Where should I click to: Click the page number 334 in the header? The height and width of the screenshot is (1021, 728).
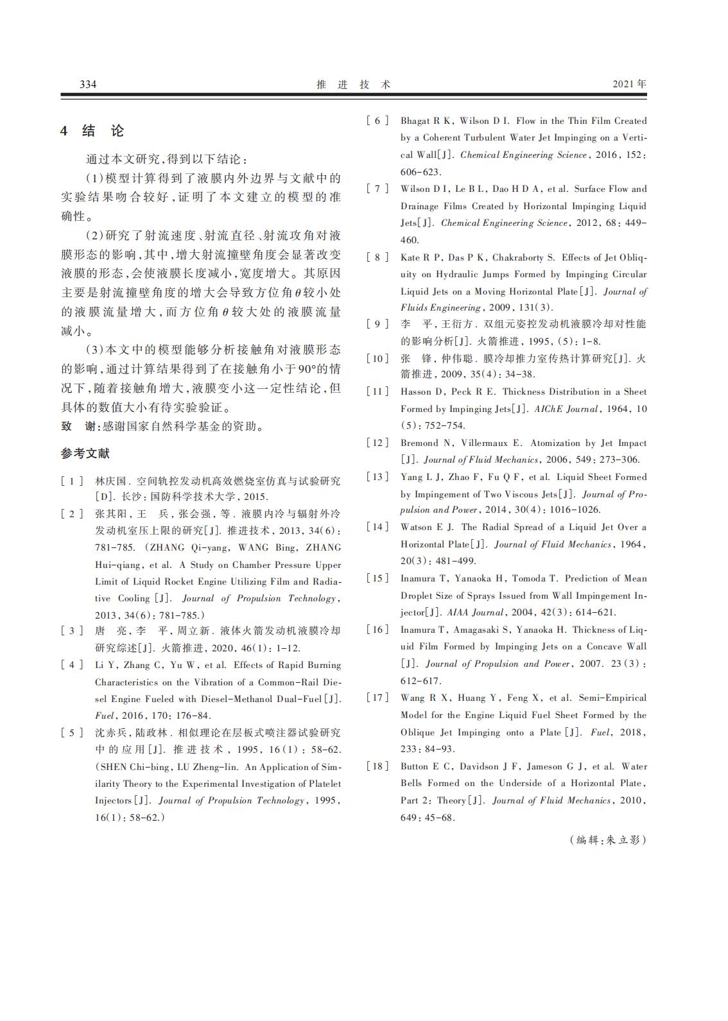[x=88, y=85]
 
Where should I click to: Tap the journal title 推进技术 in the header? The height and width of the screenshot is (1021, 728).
[x=354, y=85]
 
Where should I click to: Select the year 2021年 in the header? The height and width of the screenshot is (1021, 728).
[x=629, y=84]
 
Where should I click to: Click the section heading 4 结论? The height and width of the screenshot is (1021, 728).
[x=92, y=131]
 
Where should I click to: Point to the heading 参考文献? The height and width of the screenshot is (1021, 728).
[x=85, y=454]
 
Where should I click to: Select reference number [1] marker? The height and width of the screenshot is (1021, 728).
[x=73, y=481]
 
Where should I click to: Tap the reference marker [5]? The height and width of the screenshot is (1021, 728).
[x=73, y=733]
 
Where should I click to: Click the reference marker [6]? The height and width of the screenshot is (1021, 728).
[x=377, y=121]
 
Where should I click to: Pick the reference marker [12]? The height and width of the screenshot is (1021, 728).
[x=377, y=443]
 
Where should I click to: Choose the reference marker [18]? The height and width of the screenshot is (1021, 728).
[x=377, y=766]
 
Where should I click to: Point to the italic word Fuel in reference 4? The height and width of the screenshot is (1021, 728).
[x=104, y=716]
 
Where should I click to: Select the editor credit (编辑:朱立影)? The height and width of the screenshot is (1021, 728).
[x=607, y=840]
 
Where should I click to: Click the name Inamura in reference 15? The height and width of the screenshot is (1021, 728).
[x=418, y=578]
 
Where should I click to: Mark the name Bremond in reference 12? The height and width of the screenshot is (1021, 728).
[x=419, y=443]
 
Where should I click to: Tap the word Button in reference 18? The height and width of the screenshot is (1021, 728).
[x=415, y=766]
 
